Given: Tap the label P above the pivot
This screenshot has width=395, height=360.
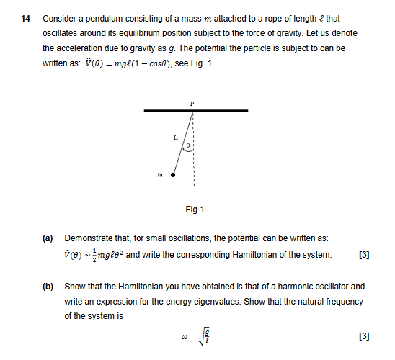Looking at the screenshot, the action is coord(192,104).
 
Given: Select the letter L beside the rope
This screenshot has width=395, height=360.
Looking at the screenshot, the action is coord(175,137).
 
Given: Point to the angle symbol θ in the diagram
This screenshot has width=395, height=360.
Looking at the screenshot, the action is coord(188,145).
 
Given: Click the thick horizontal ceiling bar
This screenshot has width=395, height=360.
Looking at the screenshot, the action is coord(196,111).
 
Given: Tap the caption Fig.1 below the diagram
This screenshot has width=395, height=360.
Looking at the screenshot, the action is coord(195,210).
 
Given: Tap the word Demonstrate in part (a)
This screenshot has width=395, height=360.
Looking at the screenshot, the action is coord(89,238).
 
